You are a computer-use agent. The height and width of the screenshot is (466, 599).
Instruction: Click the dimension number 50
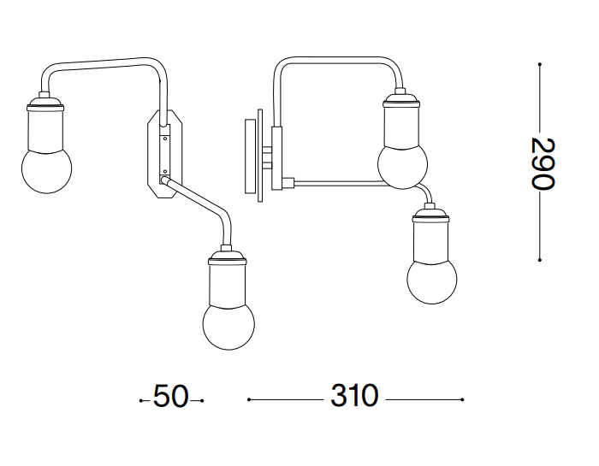click(x=171, y=396)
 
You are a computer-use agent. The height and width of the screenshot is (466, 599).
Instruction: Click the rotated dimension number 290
click(x=543, y=163)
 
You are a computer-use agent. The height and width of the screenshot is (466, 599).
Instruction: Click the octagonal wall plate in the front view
click(x=165, y=154)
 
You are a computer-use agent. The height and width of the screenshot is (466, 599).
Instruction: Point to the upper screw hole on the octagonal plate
click(x=165, y=139)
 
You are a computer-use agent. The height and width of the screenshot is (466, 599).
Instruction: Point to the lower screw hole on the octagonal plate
click(x=165, y=172)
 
